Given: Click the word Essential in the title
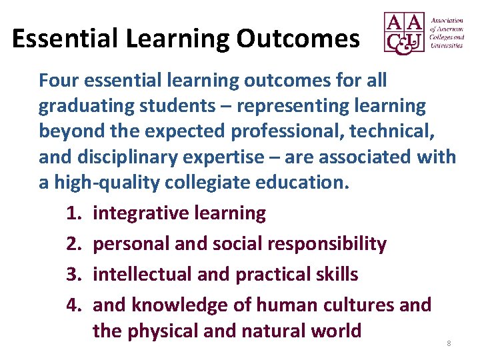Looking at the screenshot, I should pos(56,39).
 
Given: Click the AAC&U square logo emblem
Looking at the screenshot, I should pos(404,33).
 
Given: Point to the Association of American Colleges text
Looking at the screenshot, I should pos(447,33).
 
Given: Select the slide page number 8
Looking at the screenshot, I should pos(449,343).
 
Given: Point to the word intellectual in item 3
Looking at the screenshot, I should pos(139,274).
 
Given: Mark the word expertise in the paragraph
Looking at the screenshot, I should pos(227,157).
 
